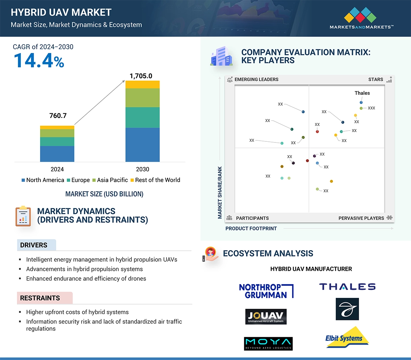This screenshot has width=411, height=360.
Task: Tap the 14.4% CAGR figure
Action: point(39,60)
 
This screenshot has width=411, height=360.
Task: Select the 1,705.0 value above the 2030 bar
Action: point(141,76)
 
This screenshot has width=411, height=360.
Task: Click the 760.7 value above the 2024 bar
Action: point(58,115)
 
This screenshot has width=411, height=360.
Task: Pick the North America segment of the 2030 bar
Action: point(142,145)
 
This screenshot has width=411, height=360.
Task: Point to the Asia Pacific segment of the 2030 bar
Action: point(142,98)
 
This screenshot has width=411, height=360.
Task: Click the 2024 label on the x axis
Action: point(57,169)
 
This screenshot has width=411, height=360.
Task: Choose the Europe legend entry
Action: point(78,180)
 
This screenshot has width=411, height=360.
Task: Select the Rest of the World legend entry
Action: point(155,180)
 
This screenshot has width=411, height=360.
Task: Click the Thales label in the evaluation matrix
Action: point(362,93)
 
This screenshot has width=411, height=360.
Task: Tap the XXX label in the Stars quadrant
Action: point(371,108)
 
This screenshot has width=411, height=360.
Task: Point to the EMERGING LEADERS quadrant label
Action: point(256,79)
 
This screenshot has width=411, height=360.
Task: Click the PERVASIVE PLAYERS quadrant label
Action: point(361,218)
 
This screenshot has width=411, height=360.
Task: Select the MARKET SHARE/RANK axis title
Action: point(220,192)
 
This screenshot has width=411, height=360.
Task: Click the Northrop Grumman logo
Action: point(266,291)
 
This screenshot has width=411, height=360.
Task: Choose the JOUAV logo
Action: point(266,316)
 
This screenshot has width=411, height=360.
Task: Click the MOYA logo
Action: point(268,344)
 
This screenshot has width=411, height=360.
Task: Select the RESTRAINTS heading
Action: point(40,298)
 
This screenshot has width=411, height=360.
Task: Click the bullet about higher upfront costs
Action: point(77,312)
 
